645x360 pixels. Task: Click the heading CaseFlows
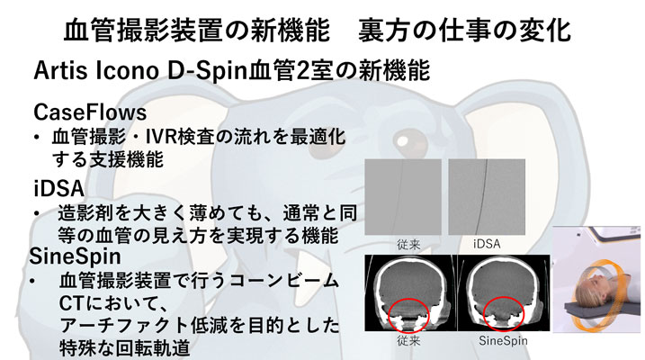90,112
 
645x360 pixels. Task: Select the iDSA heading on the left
59,188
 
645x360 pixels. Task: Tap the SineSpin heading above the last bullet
76,256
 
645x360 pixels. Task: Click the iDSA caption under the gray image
487,244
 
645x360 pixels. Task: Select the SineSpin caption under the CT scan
503,341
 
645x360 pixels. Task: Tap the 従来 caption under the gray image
409,245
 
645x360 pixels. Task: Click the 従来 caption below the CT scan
409,341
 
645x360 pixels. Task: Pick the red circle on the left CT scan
409,316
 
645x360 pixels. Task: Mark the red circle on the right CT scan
504,314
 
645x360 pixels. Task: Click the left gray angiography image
403,197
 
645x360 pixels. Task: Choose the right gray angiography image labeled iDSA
487,197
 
